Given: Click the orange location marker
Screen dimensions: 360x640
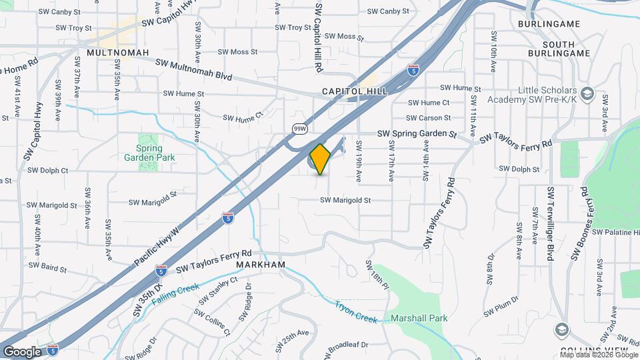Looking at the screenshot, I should point(320,159).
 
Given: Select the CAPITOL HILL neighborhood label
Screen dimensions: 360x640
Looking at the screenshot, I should point(354,91).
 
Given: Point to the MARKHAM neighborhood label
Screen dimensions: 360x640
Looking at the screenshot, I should point(261,265).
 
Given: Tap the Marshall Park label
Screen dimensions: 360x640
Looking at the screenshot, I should point(419,318).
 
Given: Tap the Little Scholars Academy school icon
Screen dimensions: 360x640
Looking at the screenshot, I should point(587,93).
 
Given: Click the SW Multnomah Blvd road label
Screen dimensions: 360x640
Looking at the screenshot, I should point(193,69).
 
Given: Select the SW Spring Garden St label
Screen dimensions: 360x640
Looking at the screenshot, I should point(417,133).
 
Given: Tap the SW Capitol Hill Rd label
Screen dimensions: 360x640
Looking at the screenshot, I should point(319,37).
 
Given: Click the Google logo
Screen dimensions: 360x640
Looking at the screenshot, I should point(22,351).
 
